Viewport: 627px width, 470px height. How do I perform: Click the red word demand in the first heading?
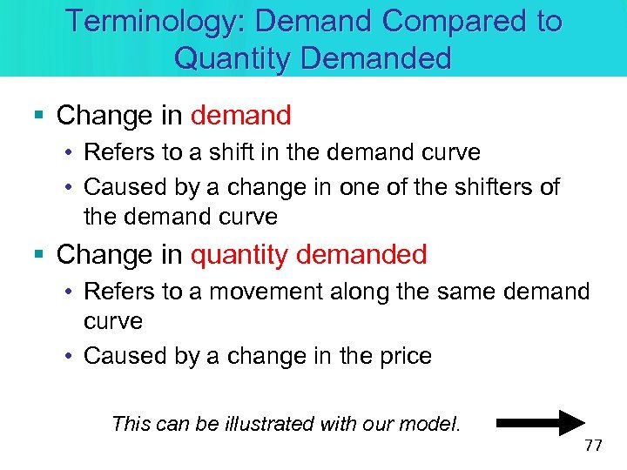click(240, 115)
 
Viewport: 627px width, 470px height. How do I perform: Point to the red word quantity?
click(239, 255)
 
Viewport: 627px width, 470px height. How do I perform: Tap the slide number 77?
click(593, 446)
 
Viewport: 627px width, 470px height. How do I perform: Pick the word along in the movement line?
click(327, 292)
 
